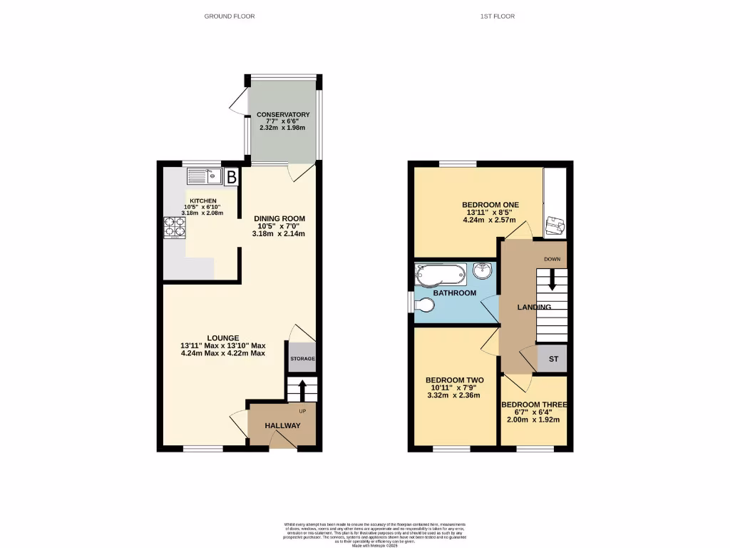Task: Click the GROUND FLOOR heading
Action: pos(229,16)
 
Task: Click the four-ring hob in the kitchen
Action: pos(175,226)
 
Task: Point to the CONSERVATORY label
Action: pos(283,114)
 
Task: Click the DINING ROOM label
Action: pos(280,218)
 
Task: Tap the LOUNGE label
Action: pos(223,338)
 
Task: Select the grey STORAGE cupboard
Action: pos(302,359)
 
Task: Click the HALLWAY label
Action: pos(282,426)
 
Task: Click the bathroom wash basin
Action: pos(482,271)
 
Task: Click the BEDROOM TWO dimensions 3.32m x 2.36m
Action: pos(454,395)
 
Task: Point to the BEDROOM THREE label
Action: pos(534,405)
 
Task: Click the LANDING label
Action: pos(534,307)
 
